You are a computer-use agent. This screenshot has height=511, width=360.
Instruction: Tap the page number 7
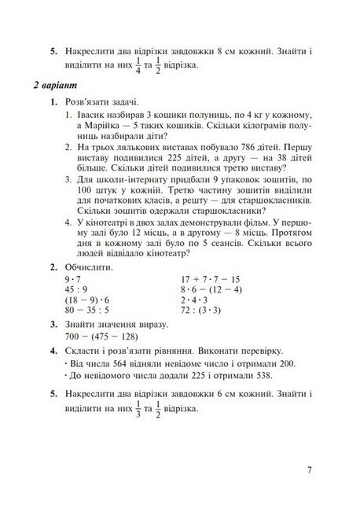pyautogui.click(x=311, y=471)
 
